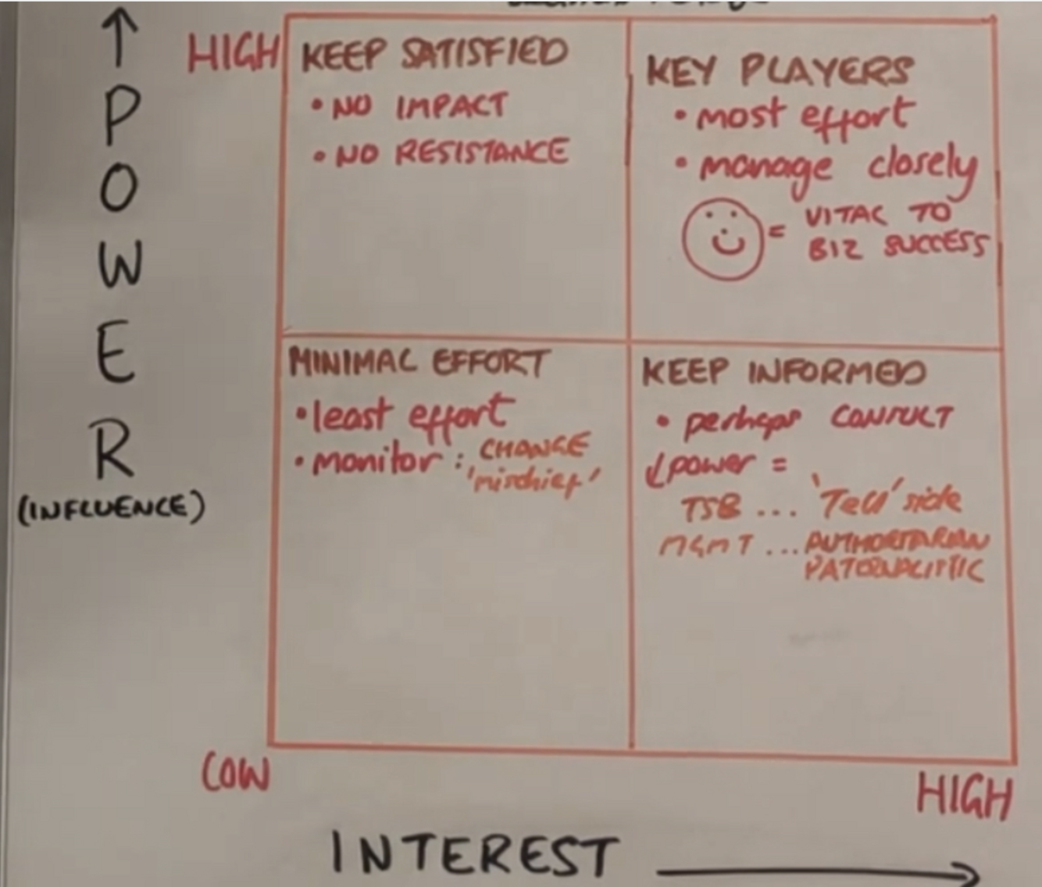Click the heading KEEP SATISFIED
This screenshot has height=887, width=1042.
pos(434,55)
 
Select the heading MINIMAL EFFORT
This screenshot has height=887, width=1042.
pos(419,363)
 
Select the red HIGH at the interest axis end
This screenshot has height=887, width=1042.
pos(963,796)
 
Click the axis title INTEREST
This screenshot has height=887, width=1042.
pos(472,854)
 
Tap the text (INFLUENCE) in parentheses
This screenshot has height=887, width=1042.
pos(111,508)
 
